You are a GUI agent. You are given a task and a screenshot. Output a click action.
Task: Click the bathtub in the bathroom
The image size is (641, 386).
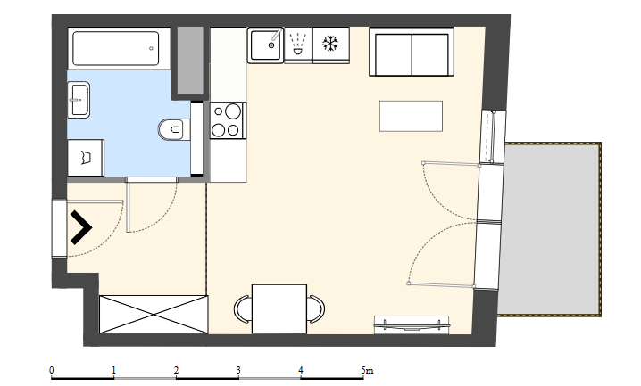tap(119, 48)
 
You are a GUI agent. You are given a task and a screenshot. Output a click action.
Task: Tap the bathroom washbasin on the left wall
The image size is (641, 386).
tap(79, 100)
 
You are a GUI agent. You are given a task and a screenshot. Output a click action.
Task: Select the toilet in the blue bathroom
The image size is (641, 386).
tap(174, 130)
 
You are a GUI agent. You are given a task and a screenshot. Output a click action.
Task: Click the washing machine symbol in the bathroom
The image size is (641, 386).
tap(86, 158)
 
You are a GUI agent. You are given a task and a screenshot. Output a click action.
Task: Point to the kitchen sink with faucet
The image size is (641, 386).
tap(265, 45)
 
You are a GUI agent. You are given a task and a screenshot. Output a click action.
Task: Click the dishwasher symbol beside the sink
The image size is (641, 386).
tap(298, 45)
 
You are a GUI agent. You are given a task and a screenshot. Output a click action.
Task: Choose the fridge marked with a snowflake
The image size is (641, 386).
tap(330, 45)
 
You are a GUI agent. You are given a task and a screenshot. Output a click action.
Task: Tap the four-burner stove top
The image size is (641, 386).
tap(229, 120)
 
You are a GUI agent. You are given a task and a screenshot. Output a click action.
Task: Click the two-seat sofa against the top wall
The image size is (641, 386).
tap(412, 52)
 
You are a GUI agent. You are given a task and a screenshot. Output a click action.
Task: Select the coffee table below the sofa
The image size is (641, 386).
tap(411, 116)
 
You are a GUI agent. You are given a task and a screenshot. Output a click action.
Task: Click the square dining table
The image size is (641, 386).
tap(279, 308)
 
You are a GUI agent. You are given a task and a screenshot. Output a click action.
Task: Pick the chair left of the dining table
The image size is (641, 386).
tap(243, 308)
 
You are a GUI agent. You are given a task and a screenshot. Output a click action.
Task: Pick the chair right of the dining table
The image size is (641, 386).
tap(316, 308)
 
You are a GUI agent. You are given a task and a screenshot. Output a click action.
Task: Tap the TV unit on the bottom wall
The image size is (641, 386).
tap(412, 324)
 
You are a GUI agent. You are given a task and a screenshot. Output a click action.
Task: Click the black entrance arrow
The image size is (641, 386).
tap(81, 227)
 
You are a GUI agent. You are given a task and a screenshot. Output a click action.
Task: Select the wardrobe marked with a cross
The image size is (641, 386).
tap(154, 314)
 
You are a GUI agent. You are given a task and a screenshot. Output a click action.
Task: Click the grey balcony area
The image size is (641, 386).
tap(550, 229)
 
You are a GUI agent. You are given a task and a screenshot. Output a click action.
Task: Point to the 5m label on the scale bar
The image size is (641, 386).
tap(367, 371)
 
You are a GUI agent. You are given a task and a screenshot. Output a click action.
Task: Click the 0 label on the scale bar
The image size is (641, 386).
tap(52, 371)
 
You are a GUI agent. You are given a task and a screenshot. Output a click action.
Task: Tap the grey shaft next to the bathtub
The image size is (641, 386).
tap(190, 60)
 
